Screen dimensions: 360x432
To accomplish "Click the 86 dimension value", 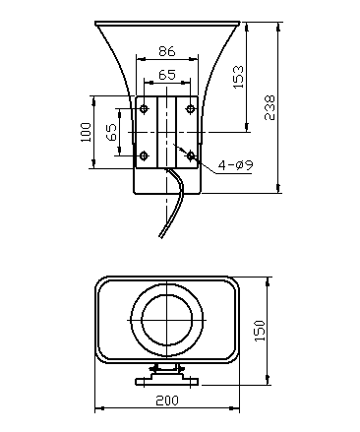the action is click(167, 51).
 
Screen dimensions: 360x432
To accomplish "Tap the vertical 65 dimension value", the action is click(111, 132).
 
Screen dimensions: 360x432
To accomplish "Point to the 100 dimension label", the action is click(86, 132).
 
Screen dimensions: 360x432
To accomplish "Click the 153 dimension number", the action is click(238, 77).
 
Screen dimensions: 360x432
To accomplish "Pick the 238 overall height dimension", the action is click(270, 108).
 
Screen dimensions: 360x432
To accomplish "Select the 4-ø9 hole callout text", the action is click(236, 165).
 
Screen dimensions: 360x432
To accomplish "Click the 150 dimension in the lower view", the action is click(260, 331).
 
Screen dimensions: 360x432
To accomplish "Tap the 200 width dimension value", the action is click(167, 401).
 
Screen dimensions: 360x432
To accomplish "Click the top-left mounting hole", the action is click(144, 108).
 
